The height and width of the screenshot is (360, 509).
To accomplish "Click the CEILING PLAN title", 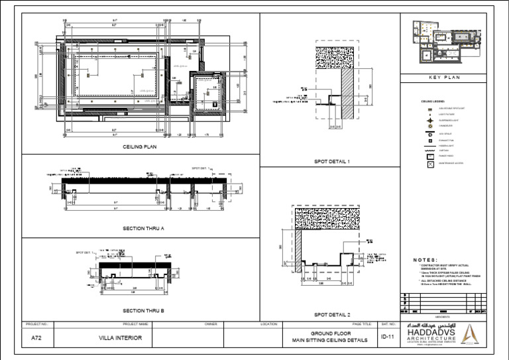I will point(139,147).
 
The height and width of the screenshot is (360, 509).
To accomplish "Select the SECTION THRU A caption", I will point(143,228).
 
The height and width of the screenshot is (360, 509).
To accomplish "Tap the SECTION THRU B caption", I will point(143,310).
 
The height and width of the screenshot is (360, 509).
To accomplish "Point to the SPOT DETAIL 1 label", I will point(331,161).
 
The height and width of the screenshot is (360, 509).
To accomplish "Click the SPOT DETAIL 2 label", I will point(331,314).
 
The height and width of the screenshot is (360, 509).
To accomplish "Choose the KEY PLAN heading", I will point(443,78).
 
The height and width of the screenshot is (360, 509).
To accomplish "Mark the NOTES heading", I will point(425,260).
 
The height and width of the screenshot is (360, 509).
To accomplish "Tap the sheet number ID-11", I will point(388,337).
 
